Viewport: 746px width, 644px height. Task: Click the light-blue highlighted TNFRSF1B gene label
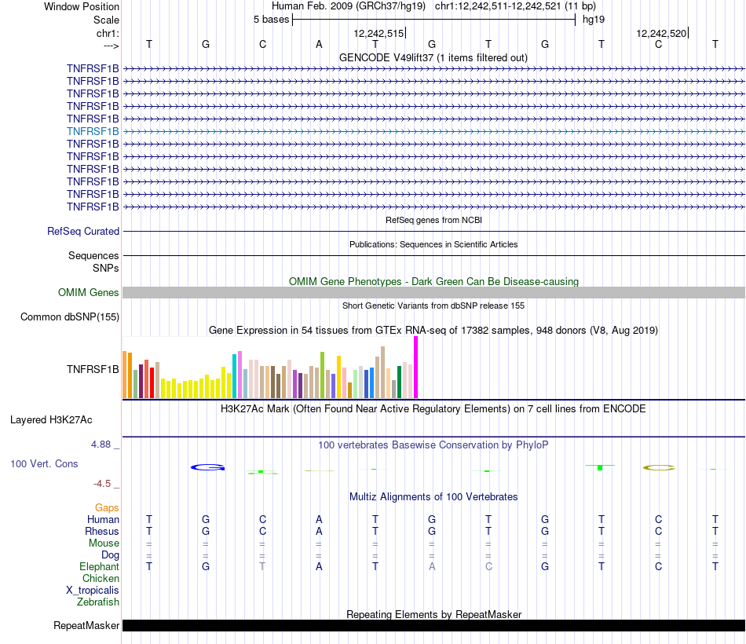pos(93,131)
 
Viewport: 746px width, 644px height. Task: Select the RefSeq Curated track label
pos(83,232)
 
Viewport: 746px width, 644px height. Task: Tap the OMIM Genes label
pos(89,293)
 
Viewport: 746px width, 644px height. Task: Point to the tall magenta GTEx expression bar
pos(415,368)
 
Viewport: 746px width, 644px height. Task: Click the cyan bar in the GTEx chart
pos(235,376)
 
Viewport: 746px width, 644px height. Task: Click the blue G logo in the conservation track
pos(207,467)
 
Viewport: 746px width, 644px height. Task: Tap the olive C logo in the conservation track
pos(659,467)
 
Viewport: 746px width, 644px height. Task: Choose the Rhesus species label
pos(103,532)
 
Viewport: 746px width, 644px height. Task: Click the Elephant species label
pos(99,567)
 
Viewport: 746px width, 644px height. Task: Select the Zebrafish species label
pos(98,602)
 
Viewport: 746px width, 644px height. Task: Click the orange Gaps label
pos(107,508)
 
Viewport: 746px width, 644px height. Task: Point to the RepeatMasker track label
pos(86,626)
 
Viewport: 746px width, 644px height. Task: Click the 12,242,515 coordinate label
pos(378,33)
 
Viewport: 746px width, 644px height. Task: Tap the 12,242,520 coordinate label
pos(661,33)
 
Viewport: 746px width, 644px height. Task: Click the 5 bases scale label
pos(271,20)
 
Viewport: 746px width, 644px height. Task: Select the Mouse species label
pos(104,543)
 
